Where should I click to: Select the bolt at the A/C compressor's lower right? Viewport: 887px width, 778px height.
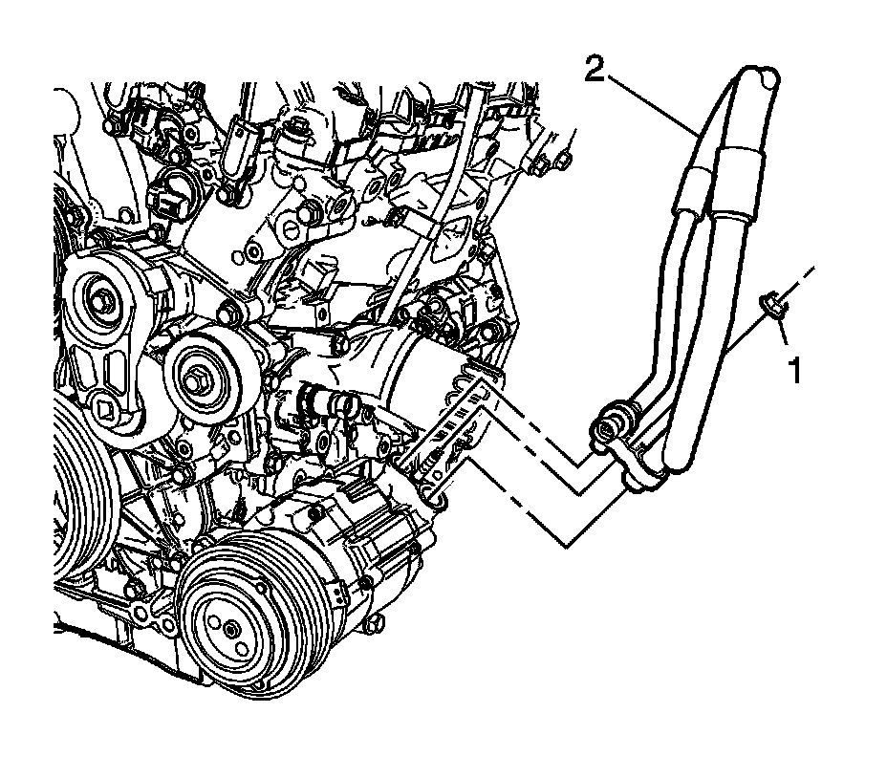[379, 624]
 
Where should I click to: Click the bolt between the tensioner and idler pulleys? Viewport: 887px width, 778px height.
[228, 312]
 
